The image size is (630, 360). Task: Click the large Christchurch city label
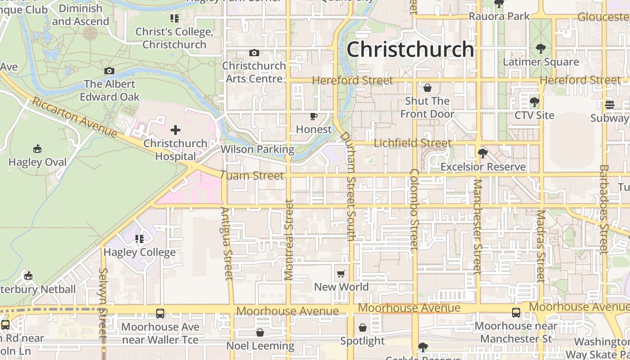tap(410, 49)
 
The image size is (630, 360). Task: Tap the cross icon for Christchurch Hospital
tap(175, 130)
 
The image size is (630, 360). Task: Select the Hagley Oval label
tap(37, 162)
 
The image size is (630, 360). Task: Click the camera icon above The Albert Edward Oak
tap(109, 71)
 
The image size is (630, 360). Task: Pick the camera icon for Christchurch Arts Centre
tap(254, 53)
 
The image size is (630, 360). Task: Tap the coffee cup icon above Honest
tap(314, 117)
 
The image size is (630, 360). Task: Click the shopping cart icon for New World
tap(341, 274)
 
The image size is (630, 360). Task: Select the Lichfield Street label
tap(413, 143)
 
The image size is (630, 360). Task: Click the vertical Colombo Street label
tap(414, 209)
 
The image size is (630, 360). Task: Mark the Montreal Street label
tap(289, 240)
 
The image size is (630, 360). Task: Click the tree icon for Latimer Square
tap(540, 49)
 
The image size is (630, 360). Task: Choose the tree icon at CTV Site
tap(534, 102)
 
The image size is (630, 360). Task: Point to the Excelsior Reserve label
tap(483, 167)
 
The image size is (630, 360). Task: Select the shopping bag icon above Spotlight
tap(363, 328)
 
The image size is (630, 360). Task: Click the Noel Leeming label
tap(260, 346)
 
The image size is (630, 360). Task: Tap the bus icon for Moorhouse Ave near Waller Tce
tap(160, 314)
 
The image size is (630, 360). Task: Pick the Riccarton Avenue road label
tap(74, 117)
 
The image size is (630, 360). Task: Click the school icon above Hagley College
tap(139, 238)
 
